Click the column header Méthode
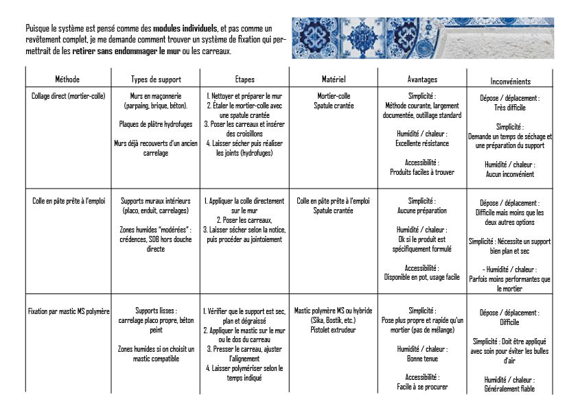[69, 80]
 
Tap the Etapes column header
[244, 80]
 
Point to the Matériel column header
[334, 80]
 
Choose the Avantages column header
[421, 80]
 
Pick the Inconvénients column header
[510, 81]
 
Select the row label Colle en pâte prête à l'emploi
[69, 201]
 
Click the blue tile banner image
[422, 38]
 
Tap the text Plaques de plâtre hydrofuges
[155, 125]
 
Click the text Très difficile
[510, 108]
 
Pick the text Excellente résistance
[421, 143]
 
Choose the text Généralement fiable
[509, 389]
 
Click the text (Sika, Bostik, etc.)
[333, 320]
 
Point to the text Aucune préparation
[421, 211]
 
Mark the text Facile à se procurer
[421, 387]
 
